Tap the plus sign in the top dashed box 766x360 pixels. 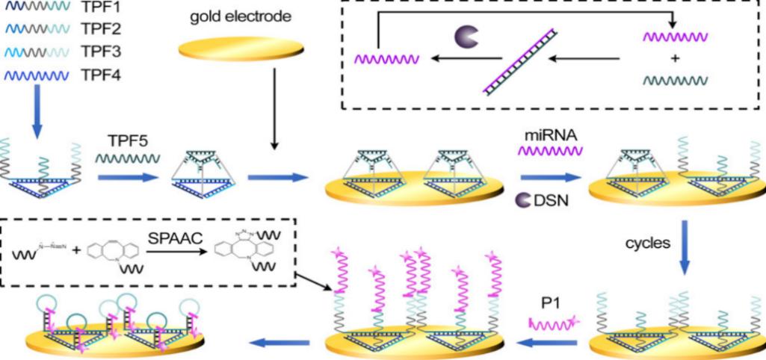point(675,56)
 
